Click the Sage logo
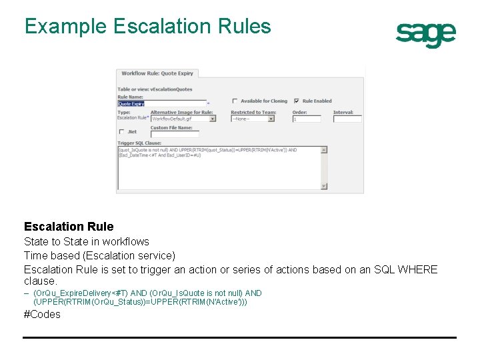point(425,34)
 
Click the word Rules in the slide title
point(243,26)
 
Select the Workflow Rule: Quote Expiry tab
point(157,73)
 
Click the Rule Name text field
point(161,103)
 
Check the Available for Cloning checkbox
point(235,101)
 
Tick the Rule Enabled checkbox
point(296,101)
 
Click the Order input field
point(306,119)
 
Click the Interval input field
point(347,119)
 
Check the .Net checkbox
point(121,132)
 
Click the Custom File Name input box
point(174,134)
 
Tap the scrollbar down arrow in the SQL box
point(324,186)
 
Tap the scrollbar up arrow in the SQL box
point(324,150)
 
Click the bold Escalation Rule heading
point(69,227)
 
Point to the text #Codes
point(42,314)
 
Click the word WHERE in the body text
point(417,269)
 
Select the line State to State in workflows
point(87,241)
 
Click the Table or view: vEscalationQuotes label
point(155,89)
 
